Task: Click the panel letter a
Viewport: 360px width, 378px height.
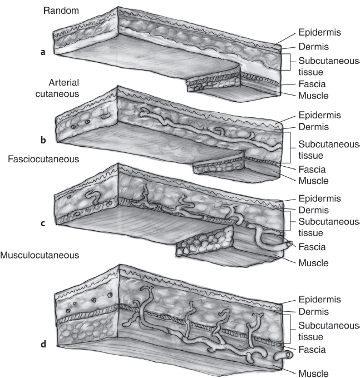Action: [x=43, y=52]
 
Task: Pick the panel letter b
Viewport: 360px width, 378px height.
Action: [x=43, y=139]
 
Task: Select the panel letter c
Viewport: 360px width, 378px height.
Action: [x=43, y=223]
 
